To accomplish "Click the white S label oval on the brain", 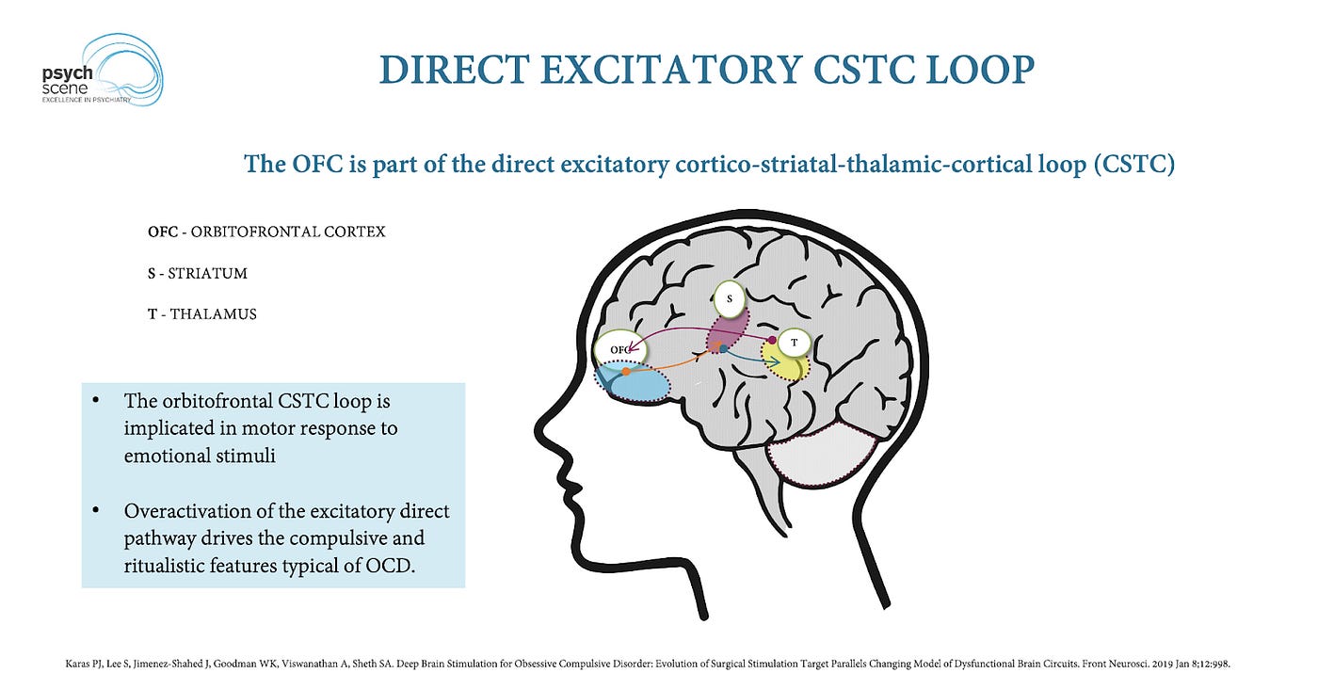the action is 730,299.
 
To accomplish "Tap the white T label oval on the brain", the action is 795,344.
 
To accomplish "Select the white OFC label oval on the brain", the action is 619,349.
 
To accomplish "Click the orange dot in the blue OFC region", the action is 626,371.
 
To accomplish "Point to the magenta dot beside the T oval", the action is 771,339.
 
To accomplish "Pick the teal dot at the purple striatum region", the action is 722,348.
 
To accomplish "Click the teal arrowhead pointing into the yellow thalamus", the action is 774,361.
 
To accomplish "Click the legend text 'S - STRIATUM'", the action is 197,273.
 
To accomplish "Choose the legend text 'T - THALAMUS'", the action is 201,314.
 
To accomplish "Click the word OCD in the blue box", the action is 387,567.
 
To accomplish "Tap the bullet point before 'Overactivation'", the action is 97,511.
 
